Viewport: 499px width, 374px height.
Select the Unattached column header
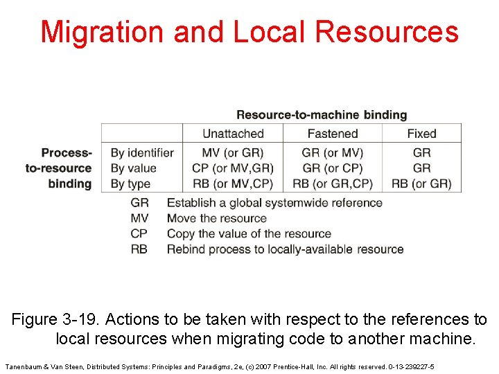233,134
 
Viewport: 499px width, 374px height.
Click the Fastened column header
333,134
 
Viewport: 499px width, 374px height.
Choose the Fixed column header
421,134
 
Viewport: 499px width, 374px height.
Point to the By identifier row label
143,152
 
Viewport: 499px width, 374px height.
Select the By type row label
130,184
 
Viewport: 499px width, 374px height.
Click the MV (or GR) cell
233,152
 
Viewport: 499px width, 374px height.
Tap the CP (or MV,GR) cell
233,168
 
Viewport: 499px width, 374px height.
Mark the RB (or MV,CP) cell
233,184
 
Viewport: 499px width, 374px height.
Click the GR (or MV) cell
333,152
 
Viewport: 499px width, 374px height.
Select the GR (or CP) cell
333,168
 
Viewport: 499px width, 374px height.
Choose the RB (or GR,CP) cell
333,184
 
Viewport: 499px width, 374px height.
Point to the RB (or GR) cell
421,184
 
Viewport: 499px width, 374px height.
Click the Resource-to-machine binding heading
322,115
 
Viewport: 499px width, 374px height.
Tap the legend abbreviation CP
139,233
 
